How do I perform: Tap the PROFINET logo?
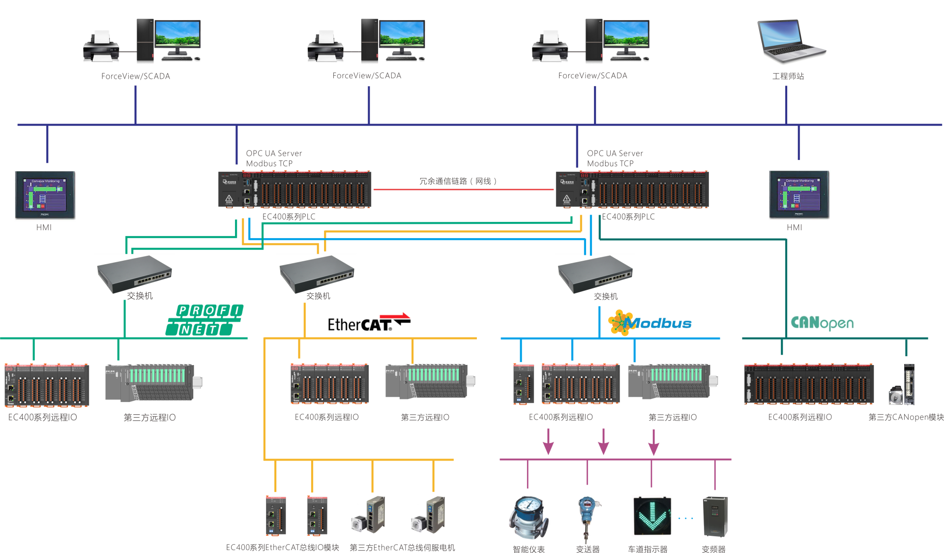pyautogui.click(x=205, y=320)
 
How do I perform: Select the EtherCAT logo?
pyautogui.click(x=369, y=323)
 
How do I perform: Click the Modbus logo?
pyautogui.click(x=650, y=323)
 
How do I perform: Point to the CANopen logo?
pyautogui.click(x=822, y=323)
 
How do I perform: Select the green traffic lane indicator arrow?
pyautogui.click(x=652, y=516)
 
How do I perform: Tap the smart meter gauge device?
pyautogui.click(x=529, y=519)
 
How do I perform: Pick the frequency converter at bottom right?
pyautogui.click(x=715, y=517)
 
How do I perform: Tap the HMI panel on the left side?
pyautogui.click(x=45, y=196)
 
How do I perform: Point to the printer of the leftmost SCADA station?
pyautogui.click(x=101, y=46)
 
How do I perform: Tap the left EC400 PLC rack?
pyautogui.click(x=295, y=189)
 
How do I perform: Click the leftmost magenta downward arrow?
pyautogui.click(x=548, y=442)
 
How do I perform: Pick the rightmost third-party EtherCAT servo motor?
pyautogui.click(x=429, y=514)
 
